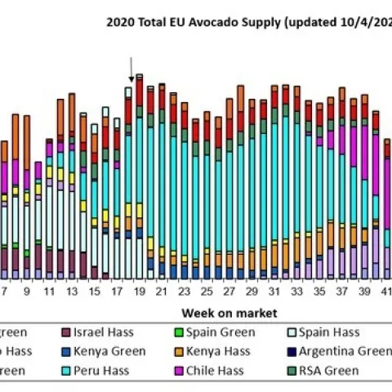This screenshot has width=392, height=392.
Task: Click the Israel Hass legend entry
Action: pyautogui.click(x=98, y=332)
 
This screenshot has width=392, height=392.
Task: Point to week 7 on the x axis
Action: pyautogui.click(x=4, y=292)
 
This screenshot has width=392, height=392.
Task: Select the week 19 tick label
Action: pyautogui.click(x=139, y=292)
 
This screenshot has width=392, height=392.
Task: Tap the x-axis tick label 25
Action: pyautogui.click(x=206, y=292)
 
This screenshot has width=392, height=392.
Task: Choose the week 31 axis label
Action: pyautogui.click(x=274, y=292)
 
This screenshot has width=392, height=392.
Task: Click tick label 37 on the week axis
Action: pyautogui.click(x=341, y=292)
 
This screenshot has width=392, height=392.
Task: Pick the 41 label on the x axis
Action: pyautogui.click(x=385, y=292)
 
